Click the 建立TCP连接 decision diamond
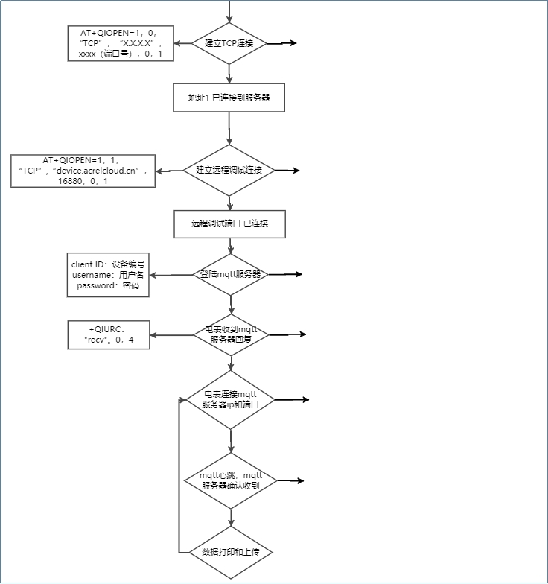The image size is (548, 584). [x=229, y=43]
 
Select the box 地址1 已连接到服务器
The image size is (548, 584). [x=229, y=98]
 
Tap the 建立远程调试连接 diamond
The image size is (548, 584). [x=229, y=170]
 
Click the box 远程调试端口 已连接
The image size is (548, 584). [x=229, y=223]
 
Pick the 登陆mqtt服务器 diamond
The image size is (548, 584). [x=230, y=274]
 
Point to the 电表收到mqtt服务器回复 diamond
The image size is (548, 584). [x=230, y=334]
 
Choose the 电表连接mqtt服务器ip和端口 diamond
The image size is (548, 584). [x=230, y=400]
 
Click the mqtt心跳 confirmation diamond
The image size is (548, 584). [x=230, y=480]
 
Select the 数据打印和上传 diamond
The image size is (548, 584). [x=230, y=552]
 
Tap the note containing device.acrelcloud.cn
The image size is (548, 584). [x=83, y=171]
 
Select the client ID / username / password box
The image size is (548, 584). [x=108, y=275]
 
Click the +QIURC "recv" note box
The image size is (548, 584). [x=109, y=334]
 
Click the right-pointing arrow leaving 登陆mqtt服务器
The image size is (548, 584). [x=284, y=274]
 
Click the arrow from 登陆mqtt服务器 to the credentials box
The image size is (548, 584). [x=171, y=275]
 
